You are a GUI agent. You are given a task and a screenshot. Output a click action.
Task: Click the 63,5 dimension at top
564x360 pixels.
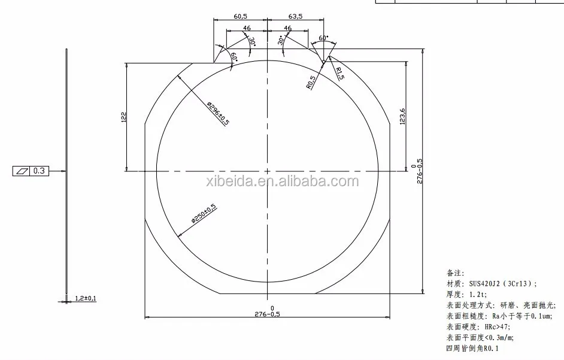pos(297,16)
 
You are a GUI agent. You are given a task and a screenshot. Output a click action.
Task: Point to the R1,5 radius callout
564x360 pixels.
pos(339,74)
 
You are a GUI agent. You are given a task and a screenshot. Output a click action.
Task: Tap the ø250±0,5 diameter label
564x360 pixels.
pos(204,214)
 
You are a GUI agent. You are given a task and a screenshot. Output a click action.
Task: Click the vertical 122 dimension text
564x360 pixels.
pos(123,117)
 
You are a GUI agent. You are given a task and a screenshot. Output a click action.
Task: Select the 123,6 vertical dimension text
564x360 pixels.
pos(402,116)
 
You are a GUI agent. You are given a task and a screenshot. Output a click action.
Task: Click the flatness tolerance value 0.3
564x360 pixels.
pos(40,171)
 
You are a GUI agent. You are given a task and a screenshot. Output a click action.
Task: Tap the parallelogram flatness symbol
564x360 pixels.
pos(22,171)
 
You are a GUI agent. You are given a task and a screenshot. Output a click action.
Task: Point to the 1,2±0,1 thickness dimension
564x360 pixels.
pos(86,298)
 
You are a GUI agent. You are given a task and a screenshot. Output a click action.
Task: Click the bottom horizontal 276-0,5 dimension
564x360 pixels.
pos(267,313)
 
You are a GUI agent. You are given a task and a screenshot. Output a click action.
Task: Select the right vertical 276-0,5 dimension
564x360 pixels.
pos(419,171)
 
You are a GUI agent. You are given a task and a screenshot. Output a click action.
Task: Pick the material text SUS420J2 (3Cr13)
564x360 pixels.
pos(502,284)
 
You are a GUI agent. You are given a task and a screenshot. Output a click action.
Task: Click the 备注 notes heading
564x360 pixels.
pos(455,273)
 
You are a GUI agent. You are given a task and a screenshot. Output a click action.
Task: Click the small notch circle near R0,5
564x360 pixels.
pos(323,62)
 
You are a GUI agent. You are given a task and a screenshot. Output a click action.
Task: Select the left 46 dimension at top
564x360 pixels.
pos(247,28)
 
